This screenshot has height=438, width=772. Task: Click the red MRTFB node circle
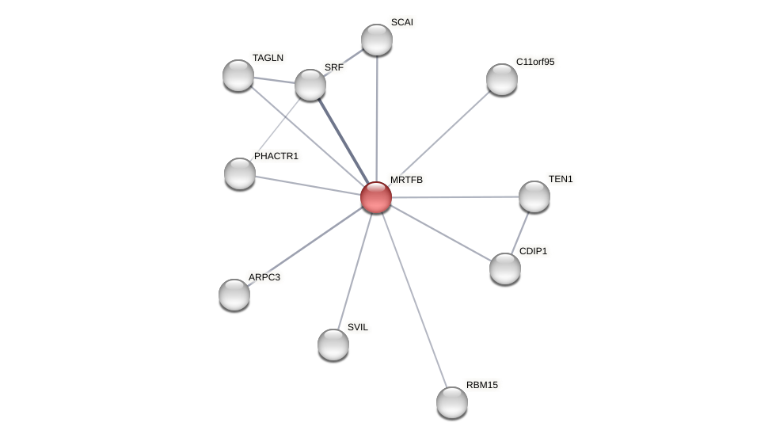click(x=376, y=197)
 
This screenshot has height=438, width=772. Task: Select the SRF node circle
click(x=310, y=85)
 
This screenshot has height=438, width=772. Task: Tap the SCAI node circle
click(x=377, y=40)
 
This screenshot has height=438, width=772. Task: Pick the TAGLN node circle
click(x=238, y=75)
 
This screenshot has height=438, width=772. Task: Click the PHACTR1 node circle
click(x=240, y=173)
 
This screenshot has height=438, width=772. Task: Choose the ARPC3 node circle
click(x=234, y=295)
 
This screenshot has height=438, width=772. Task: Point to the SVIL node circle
click(x=333, y=345)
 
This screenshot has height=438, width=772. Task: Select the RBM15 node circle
click(x=452, y=402)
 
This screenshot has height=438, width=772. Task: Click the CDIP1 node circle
click(x=505, y=269)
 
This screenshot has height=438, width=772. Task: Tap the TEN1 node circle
click(x=534, y=196)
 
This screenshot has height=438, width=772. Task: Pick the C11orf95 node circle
click(x=502, y=79)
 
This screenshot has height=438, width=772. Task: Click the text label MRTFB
click(x=406, y=180)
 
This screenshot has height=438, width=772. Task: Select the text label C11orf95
click(x=535, y=62)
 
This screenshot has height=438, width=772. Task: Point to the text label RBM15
click(x=482, y=385)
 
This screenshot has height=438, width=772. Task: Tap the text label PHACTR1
click(x=276, y=156)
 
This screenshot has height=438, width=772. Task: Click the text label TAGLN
click(x=268, y=58)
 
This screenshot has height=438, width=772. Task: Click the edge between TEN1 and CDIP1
click(x=520, y=232)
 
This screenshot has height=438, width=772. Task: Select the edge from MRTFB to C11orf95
click(x=439, y=138)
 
